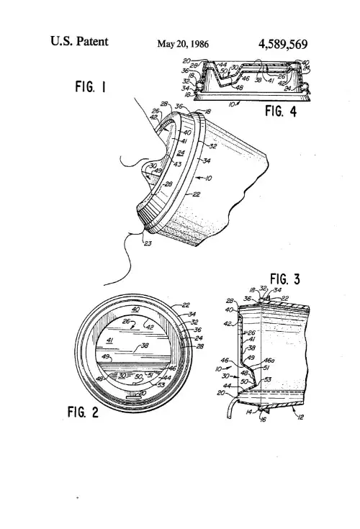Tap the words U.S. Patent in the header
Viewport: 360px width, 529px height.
pyautogui.click(x=80, y=42)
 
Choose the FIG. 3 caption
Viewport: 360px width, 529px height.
pyautogui.click(x=288, y=278)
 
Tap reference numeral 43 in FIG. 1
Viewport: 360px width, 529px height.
pyautogui.click(x=178, y=165)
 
